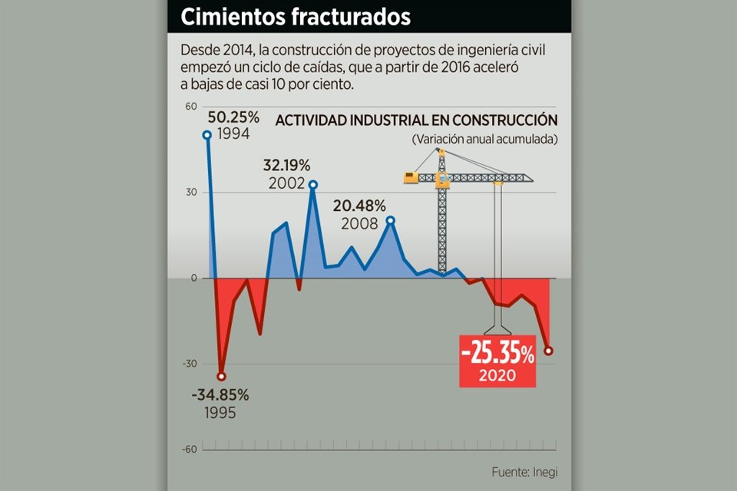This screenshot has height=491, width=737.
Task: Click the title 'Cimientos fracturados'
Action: click(x=296, y=17)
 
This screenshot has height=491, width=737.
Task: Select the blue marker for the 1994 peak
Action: click(x=207, y=135)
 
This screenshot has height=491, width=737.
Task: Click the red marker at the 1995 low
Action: click(x=221, y=376)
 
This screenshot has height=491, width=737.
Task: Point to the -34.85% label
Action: click(x=220, y=395)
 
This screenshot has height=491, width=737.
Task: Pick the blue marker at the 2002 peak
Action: click(x=313, y=184)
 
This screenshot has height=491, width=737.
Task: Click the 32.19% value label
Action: click(x=286, y=164)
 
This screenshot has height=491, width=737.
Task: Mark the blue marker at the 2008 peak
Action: click(x=390, y=220)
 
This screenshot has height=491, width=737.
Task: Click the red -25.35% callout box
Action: click(x=497, y=361)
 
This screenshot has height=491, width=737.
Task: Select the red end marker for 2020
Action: click(x=548, y=351)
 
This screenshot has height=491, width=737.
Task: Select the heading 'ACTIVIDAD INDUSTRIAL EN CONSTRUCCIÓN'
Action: click(x=416, y=121)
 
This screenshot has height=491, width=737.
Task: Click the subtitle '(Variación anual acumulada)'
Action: click(x=484, y=140)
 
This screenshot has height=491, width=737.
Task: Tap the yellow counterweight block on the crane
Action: click(x=411, y=178)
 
